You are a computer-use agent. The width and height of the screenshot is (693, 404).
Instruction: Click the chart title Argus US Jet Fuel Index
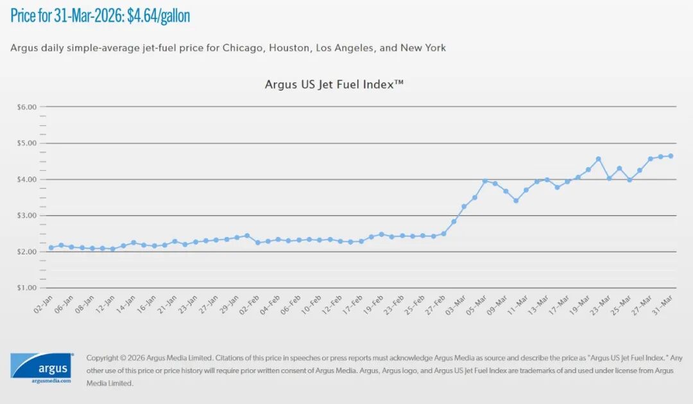tap(334, 84)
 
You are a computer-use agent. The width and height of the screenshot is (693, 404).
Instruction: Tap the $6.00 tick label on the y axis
tap(26, 107)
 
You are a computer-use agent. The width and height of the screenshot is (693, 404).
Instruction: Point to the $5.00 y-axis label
tap(26, 143)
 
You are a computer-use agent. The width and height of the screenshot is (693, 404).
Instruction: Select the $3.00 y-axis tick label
tap(26, 216)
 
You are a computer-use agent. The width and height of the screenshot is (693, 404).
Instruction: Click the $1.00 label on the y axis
tap(26, 288)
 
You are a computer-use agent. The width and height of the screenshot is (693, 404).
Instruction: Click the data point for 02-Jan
tap(51, 248)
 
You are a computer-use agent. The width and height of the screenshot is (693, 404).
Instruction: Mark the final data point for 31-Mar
tap(671, 156)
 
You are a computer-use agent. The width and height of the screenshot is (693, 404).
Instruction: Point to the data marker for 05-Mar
tap(485, 181)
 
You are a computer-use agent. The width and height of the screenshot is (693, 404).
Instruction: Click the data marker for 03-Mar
tap(464, 207)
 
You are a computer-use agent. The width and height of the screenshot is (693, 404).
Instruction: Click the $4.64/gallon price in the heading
tap(158, 15)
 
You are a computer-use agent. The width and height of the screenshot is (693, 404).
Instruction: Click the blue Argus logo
tap(41, 365)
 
